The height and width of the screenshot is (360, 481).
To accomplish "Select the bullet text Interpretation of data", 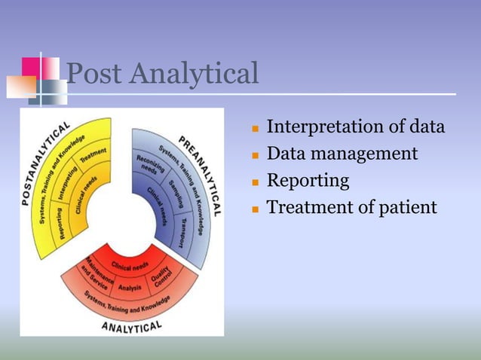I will [x=355, y=127].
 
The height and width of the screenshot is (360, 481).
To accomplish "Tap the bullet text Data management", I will [x=342, y=154].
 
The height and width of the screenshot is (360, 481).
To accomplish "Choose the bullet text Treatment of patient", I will [x=351, y=207].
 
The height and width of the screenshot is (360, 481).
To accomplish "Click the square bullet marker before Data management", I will [x=256, y=155].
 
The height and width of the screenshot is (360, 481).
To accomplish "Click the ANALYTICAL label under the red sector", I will [x=131, y=325].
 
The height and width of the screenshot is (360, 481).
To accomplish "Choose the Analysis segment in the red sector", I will [x=130, y=286].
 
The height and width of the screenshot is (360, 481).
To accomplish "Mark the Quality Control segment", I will [x=164, y=279].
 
